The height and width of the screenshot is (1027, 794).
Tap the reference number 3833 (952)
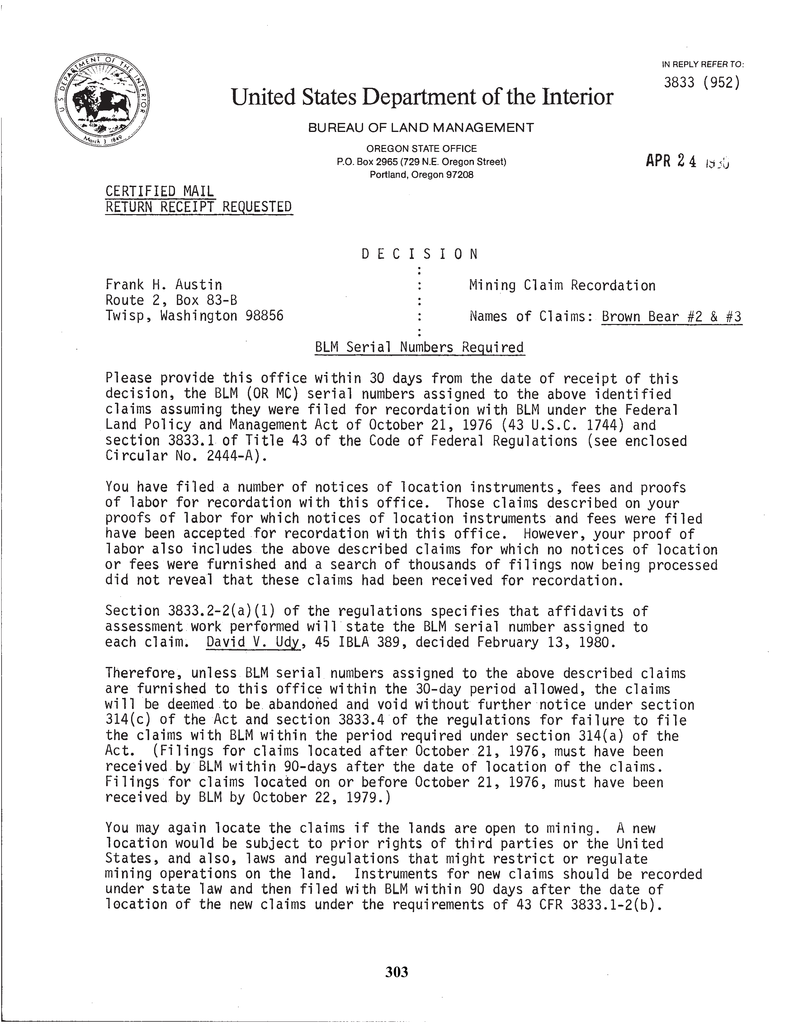[701, 83]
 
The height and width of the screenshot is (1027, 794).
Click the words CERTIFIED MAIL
[159, 191]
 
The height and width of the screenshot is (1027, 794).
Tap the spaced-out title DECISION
[420, 254]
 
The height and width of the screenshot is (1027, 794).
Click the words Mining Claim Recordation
[562, 285]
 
